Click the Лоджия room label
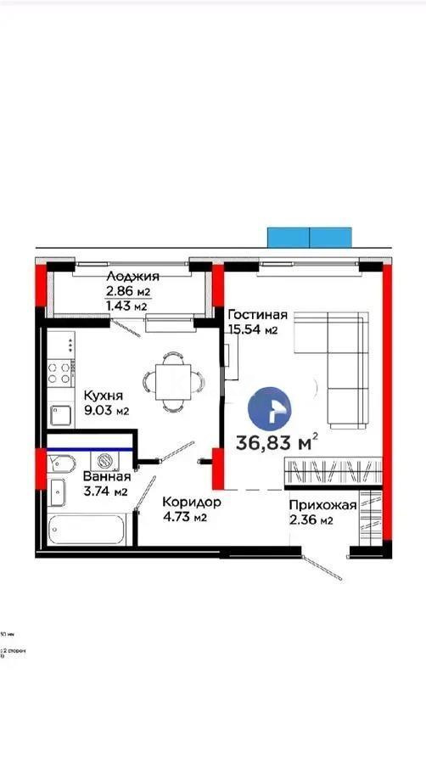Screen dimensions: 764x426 point(132,277)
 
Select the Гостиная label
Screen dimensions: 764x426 point(257,315)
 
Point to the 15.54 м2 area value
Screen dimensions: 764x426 point(253,329)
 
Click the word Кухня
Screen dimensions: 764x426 point(104,396)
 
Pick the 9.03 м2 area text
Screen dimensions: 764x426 point(105,411)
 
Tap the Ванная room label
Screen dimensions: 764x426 point(107,476)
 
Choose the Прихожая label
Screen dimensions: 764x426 point(322,505)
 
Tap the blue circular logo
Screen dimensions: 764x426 point(269,408)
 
